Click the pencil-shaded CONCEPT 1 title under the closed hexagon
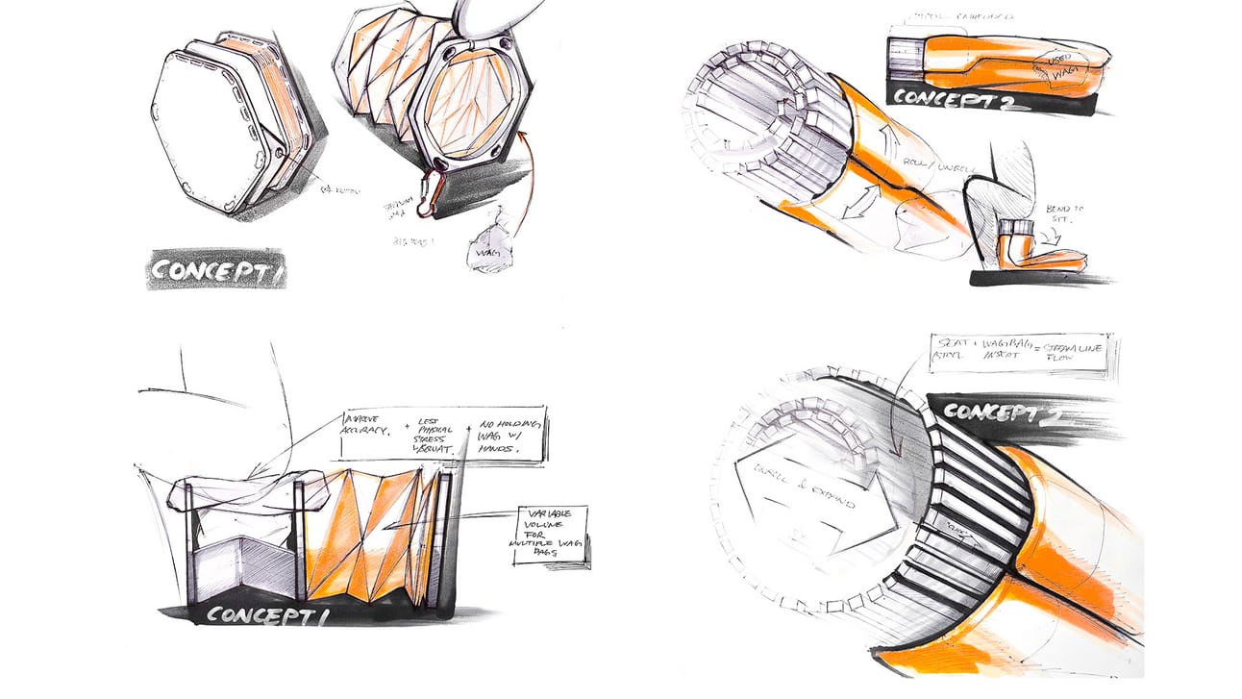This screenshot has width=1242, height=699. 215,270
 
